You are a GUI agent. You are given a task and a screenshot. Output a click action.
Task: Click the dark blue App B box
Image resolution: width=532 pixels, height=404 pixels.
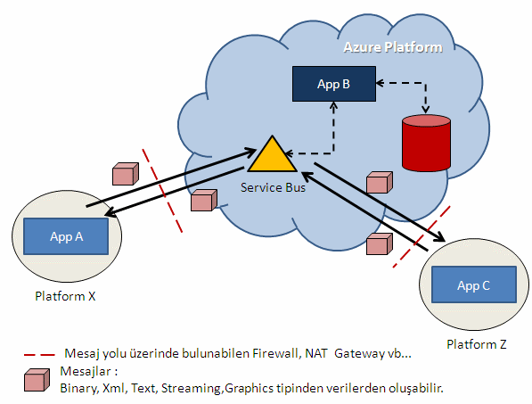(x=334, y=84)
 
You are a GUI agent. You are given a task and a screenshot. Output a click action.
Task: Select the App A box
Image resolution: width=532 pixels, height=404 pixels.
(x=66, y=236)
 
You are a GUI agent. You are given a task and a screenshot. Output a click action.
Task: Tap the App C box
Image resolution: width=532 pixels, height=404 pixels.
(x=474, y=284)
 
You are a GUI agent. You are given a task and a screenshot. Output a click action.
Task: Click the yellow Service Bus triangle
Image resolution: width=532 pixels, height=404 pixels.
(x=273, y=156)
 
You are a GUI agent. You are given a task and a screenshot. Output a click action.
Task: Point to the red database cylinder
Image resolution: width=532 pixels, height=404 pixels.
(x=426, y=143)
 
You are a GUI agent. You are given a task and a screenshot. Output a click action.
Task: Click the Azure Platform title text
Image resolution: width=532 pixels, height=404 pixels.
(x=393, y=47)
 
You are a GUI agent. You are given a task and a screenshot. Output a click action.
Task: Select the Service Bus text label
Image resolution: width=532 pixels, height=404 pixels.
(x=273, y=187)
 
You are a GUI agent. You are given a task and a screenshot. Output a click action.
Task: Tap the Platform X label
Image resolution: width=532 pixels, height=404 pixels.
(x=65, y=296)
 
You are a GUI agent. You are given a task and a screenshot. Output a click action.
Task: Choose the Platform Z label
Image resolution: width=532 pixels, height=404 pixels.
(x=477, y=344)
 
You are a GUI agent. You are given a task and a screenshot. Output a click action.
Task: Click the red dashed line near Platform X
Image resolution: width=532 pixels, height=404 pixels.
(x=162, y=191)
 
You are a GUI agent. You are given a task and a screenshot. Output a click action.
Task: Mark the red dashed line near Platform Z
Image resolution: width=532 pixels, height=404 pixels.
(x=422, y=236)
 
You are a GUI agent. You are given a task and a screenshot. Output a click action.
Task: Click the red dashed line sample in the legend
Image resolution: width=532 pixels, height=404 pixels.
(x=39, y=355)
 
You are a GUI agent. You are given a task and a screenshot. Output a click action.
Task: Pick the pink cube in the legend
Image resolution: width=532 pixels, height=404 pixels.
(x=37, y=380)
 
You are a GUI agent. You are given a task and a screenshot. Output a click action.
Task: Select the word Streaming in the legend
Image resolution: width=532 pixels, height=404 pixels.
(x=191, y=388)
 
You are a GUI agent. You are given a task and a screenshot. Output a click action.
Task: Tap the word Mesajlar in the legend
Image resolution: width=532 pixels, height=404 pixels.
(x=86, y=371)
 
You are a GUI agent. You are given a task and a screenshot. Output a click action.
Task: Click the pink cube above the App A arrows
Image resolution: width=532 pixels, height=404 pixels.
(x=126, y=174)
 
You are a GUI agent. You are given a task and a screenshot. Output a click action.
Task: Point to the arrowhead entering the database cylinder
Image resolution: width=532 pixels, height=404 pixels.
(x=426, y=110)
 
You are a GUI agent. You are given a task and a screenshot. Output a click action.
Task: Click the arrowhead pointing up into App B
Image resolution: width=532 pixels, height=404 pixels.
(x=334, y=105)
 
